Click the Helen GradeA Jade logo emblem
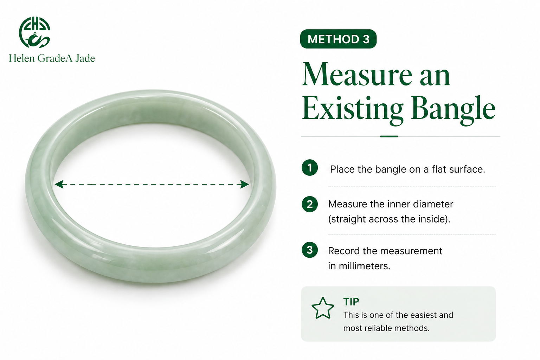click(x=34, y=32)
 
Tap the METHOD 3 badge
click(x=338, y=39)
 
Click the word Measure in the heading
click(x=357, y=75)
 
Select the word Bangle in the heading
click(x=453, y=109)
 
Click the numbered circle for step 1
click(x=310, y=168)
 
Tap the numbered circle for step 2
click(x=310, y=204)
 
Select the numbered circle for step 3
click(x=310, y=250)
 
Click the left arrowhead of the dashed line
click(x=59, y=184)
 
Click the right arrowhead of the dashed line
click(x=245, y=184)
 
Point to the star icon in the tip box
click(x=323, y=308)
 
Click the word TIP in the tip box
click(x=351, y=302)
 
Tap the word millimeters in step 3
click(x=364, y=266)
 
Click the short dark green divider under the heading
click(x=389, y=136)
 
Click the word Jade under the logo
click(x=85, y=58)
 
